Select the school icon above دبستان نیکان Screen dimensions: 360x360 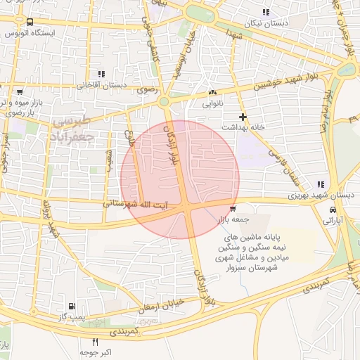click(265, 12)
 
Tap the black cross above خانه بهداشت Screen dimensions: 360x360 click(243, 116)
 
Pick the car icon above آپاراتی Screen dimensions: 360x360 click(332, 210)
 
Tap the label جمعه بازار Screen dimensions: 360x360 click(232, 219)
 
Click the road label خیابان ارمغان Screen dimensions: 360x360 click(163, 304)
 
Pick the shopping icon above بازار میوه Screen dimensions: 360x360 click(20, 92)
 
